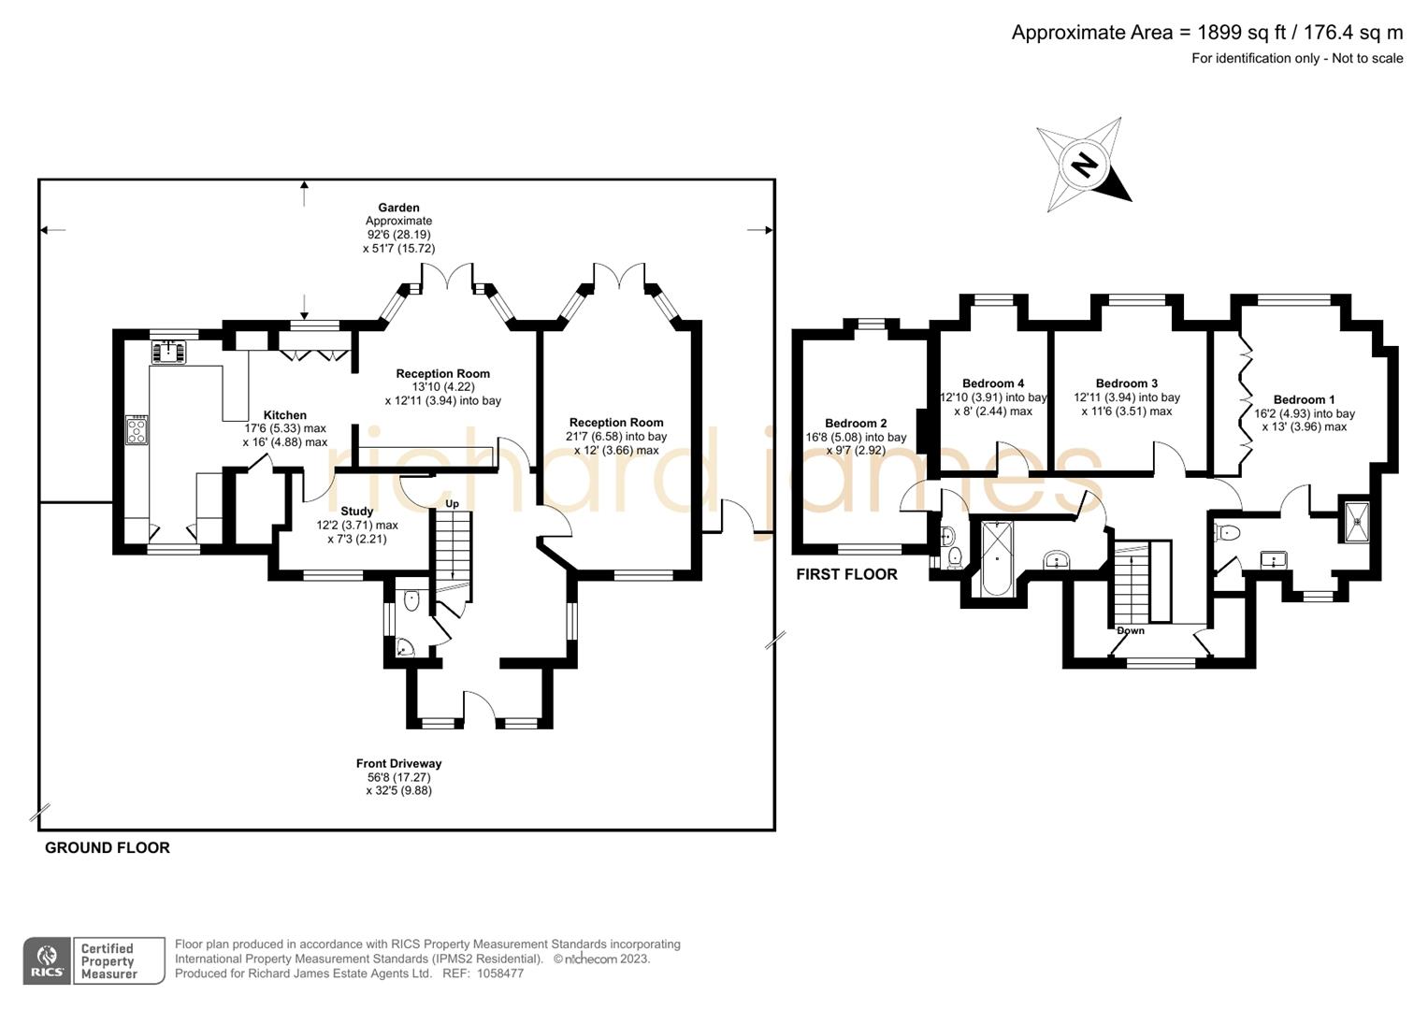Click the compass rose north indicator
pos(1085,166)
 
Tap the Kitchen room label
pos(284,415)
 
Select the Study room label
pos(356,512)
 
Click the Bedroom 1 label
pos(1304,399)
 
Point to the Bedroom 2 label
pos(856,424)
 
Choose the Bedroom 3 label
pos(1126,383)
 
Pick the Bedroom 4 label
pos(992,383)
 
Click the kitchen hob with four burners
pos(137,430)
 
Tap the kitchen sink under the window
pos(169,353)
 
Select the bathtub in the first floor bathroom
pos(997,558)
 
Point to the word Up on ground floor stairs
pos(452,504)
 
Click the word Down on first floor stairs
pos(1130,630)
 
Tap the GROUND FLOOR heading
pos(108,848)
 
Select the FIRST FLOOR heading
pos(846,574)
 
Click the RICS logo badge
pos(47,960)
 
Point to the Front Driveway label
pos(398,764)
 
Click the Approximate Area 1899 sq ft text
pos(1206,33)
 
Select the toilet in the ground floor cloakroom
pos(411,601)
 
